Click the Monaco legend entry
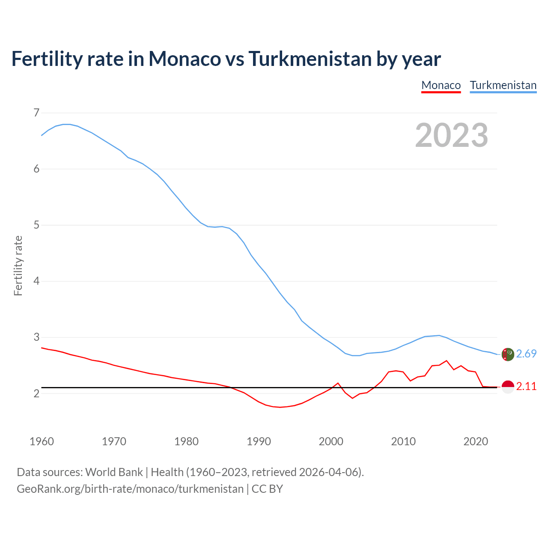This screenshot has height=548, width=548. click(441, 85)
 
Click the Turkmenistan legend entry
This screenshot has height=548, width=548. click(503, 85)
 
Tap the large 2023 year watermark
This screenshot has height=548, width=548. click(452, 135)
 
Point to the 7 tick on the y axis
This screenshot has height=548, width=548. click(36, 113)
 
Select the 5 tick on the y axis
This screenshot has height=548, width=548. click(36, 225)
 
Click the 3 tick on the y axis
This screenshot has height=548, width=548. click(36, 337)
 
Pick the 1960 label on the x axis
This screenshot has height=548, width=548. click(42, 441)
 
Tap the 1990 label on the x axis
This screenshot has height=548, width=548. click(259, 441)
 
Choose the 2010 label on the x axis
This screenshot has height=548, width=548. click(403, 441)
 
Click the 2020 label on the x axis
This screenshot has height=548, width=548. click(476, 441)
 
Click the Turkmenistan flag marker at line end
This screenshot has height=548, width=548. click(507, 354)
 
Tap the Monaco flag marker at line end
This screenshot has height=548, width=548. click(507, 387)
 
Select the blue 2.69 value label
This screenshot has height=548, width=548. click(526, 354)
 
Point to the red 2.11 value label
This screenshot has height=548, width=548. click(526, 387)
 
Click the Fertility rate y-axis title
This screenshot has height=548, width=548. click(18, 265)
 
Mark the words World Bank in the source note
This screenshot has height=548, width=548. click(114, 472)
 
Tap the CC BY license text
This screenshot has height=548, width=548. click(267, 489)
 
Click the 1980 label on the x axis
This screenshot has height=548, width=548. click(186, 441)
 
